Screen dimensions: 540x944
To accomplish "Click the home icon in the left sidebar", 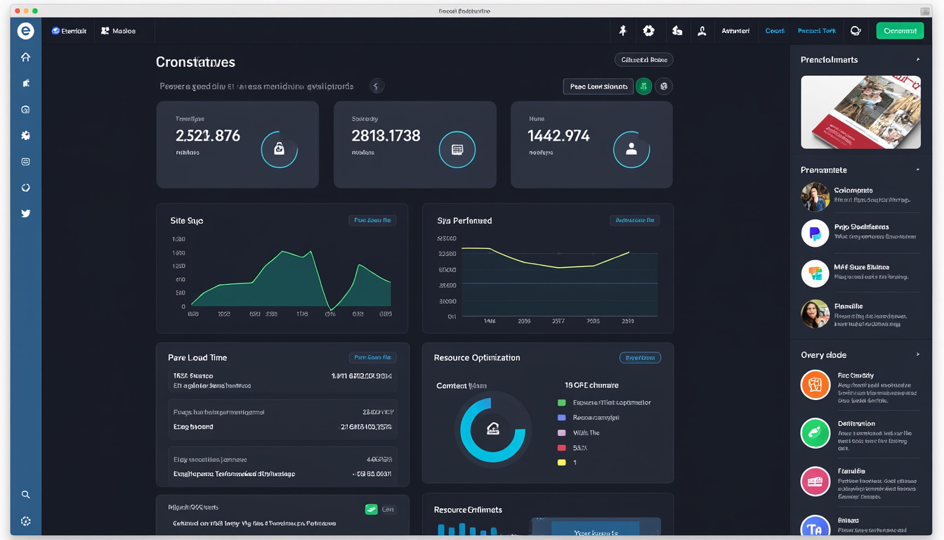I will tap(26, 57).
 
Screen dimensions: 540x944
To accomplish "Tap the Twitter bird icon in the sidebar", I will tap(26, 213).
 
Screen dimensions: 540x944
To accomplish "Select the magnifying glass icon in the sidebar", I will tap(26, 494).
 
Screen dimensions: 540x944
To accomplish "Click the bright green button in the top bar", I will tap(900, 31).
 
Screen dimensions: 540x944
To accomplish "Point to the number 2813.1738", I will tap(386, 136).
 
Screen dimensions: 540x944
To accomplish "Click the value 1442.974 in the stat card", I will tap(558, 136).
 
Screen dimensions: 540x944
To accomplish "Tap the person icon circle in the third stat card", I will tap(631, 149).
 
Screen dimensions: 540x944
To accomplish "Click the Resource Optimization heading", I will tap(477, 358).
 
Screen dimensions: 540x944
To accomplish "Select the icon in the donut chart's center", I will tap(492, 429).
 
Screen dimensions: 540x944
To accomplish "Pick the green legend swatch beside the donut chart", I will tap(561, 403).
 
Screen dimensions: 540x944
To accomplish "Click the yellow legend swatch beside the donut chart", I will tap(561, 462).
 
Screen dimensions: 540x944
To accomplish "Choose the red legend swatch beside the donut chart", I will tap(561, 447).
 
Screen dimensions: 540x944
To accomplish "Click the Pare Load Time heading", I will tap(197, 358).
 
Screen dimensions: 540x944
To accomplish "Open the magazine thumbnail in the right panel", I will tap(860, 112).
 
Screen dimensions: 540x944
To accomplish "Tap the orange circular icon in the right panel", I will tap(815, 385).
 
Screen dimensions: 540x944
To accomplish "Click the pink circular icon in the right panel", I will tap(815, 482).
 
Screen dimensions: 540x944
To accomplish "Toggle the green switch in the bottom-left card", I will tap(372, 509).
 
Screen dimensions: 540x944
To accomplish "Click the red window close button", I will tap(18, 11).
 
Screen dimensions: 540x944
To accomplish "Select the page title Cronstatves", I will tap(195, 63).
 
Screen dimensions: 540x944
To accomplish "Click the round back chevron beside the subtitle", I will tap(376, 86).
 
